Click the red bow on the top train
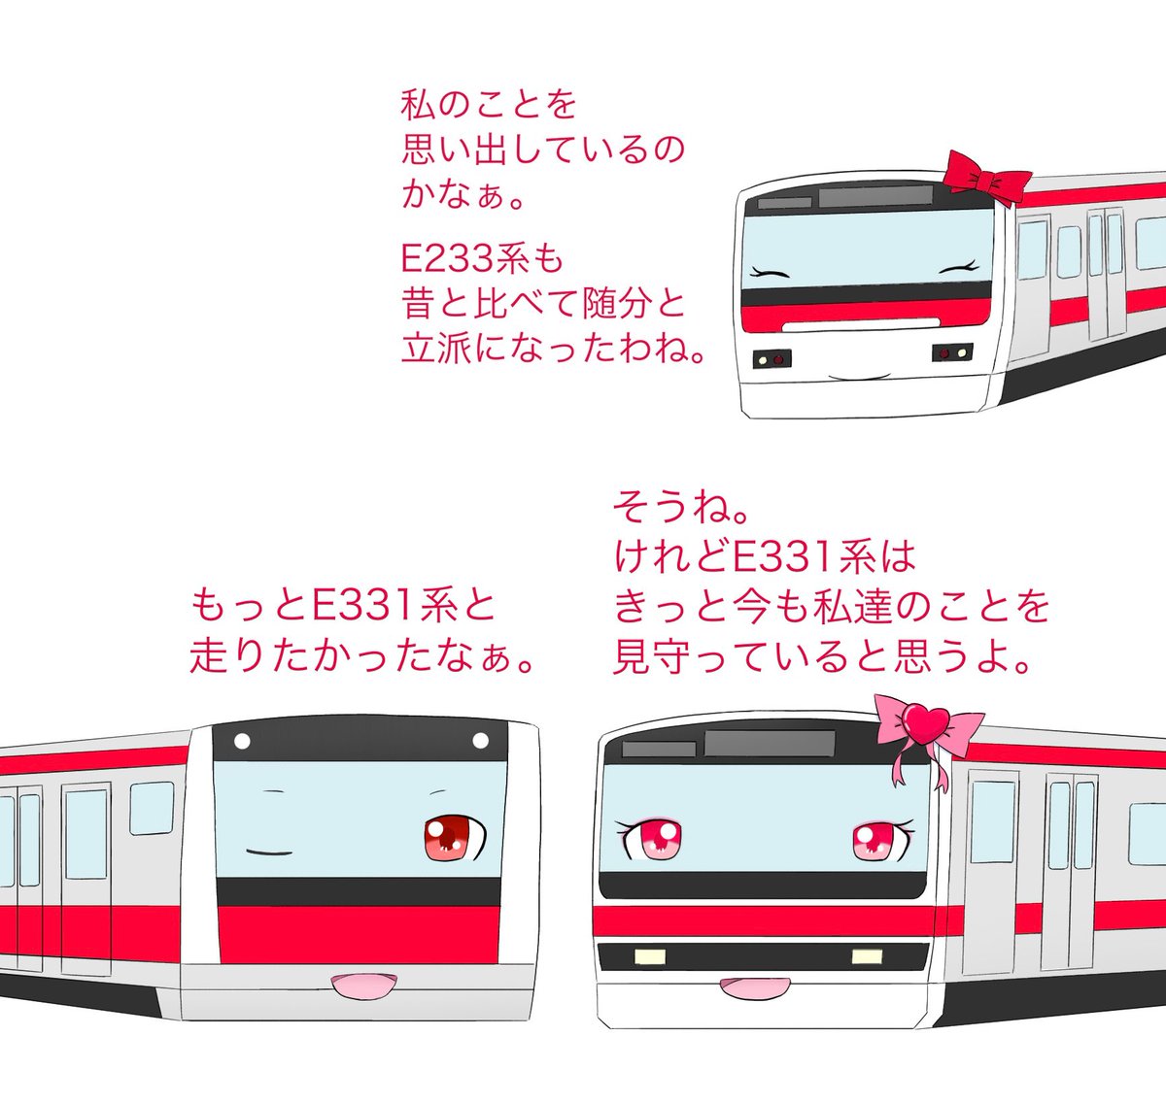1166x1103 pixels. click(988, 179)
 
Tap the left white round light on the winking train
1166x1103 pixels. click(242, 742)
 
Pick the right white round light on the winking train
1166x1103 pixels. click(480, 742)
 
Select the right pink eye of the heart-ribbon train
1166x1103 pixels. click(876, 840)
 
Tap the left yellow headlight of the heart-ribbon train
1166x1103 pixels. click(647, 957)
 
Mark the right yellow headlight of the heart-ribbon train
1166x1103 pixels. click(866, 956)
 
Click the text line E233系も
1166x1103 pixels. click(482, 259)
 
